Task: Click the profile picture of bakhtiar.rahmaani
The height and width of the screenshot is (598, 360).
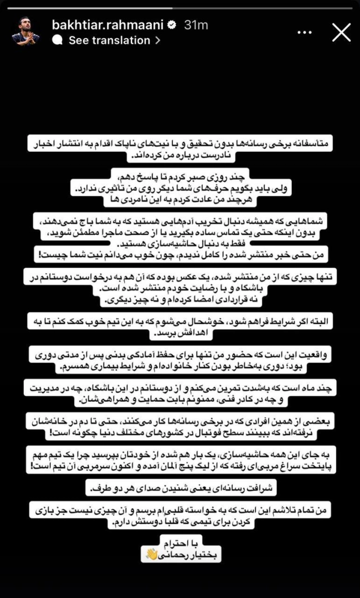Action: pos(26,33)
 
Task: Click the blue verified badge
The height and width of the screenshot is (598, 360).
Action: pos(172,25)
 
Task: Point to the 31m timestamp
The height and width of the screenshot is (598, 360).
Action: pos(196,25)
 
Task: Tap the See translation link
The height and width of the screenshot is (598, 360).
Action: pos(110,40)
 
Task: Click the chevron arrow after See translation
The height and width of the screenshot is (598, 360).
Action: pos(158,40)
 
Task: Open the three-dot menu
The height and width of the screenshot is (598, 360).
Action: pos(305,33)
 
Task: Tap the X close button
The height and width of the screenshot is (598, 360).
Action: pos(341,33)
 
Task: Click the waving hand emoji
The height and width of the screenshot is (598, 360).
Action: pos(152,554)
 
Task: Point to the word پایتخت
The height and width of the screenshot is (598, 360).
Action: pos(318,467)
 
